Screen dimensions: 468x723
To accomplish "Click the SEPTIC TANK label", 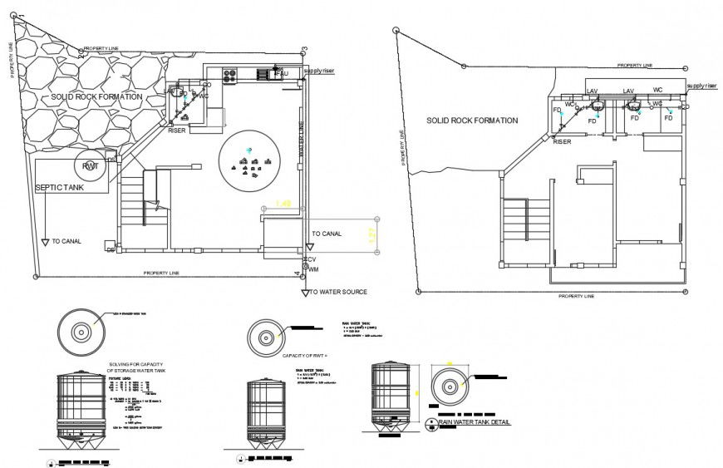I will tap(60, 188).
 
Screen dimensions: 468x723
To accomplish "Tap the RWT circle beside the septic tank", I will tap(91, 167).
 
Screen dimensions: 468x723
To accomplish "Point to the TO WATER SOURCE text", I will tap(338, 292).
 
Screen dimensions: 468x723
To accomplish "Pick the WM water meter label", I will tap(313, 269).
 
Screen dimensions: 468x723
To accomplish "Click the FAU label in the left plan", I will tap(282, 75).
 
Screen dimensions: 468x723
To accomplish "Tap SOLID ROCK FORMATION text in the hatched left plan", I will tap(96, 97).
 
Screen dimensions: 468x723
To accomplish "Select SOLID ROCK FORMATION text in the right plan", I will tap(472, 121).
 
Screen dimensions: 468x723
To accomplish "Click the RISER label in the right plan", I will tap(563, 141).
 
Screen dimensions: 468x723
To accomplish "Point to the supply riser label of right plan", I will tap(701, 86).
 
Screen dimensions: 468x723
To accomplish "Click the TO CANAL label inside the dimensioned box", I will tap(326, 234).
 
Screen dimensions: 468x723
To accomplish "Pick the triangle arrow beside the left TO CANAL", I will tap(45, 242).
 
